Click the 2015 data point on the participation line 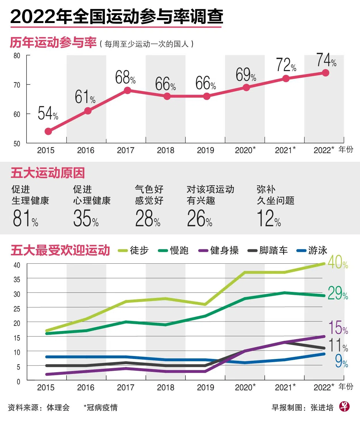pyautogui.click(x=48, y=131)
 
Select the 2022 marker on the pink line pyautogui.click(x=325, y=73)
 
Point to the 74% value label pyautogui.click(x=326, y=60)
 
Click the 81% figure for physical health pyautogui.click(x=25, y=218)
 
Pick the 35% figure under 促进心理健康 pyautogui.click(x=86, y=218)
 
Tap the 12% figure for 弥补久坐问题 pyautogui.click(x=268, y=218)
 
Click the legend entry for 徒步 pyautogui.click(x=134, y=250)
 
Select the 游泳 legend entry pyautogui.click(x=312, y=250)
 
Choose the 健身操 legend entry pyautogui.click(x=219, y=250)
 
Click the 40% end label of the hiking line pyautogui.click(x=338, y=262)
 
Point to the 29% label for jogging pyautogui.click(x=338, y=293)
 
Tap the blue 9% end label pyautogui.click(x=341, y=361)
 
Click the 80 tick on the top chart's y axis pyautogui.click(x=17, y=56)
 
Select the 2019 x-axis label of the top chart pyautogui.click(x=205, y=150)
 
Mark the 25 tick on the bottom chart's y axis pyautogui.click(x=17, y=309)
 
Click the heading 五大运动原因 pyautogui.click(x=48, y=173)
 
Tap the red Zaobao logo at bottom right pyautogui.click(x=344, y=406)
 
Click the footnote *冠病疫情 pyautogui.click(x=100, y=408)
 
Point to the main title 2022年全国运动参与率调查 pyautogui.click(x=117, y=17)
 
